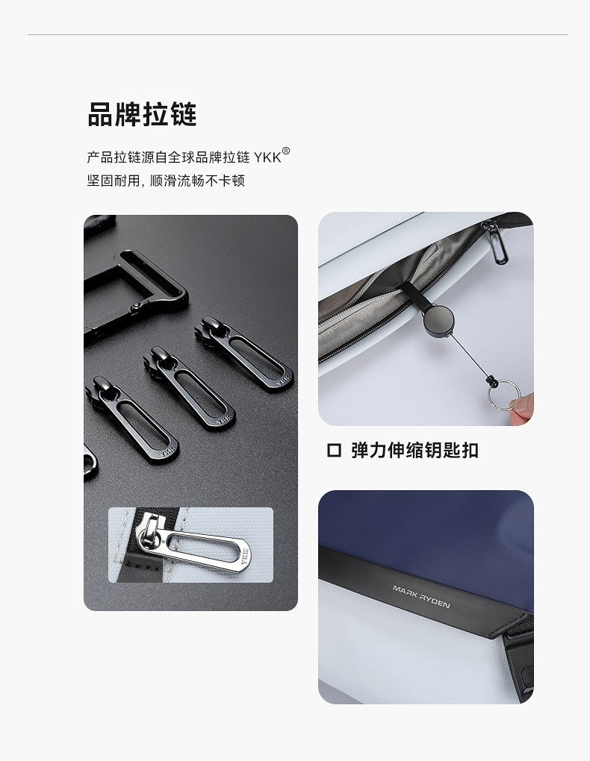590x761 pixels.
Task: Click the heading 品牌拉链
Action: [x=142, y=115]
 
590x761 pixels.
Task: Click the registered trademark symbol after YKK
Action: [x=286, y=151]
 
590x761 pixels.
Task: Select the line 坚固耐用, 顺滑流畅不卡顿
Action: [x=166, y=181]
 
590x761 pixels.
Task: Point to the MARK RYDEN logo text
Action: [x=421, y=596]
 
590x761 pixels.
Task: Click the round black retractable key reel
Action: [x=438, y=320]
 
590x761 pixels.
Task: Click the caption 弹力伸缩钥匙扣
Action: [x=415, y=451]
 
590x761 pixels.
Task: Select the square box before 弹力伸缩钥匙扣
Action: [x=334, y=451]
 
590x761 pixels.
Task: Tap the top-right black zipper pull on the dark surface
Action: [x=244, y=351]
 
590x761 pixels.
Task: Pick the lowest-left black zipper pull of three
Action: [x=132, y=419]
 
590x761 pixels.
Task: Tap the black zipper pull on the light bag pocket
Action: [x=496, y=242]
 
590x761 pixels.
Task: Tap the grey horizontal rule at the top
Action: [x=297, y=34]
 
